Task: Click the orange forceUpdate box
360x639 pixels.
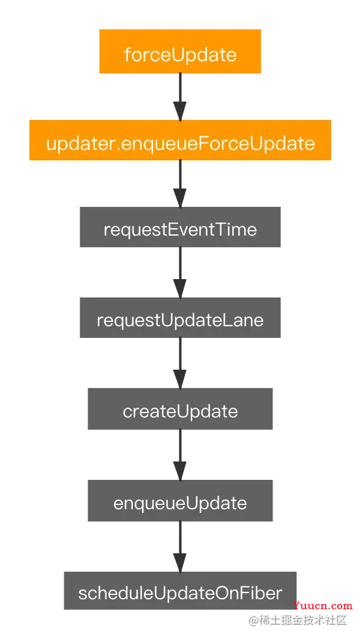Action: click(180, 51)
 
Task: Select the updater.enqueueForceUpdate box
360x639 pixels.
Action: click(180, 140)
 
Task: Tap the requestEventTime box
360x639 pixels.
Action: click(180, 227)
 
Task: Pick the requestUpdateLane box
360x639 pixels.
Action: click(180, 318)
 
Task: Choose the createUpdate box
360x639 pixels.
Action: click(180, 409)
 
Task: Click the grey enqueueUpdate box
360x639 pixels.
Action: click(180, 501)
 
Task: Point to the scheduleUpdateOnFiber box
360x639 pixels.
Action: click(180, 591)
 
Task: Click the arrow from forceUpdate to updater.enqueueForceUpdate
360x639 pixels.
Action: click(180, 97)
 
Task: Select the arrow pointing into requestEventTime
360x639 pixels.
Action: click(180, 184)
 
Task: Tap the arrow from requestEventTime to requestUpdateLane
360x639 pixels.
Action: click(180, 272)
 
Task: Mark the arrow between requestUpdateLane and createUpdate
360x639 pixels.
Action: click(180, 363)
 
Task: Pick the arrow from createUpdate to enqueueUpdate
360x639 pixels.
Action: click(180, 455)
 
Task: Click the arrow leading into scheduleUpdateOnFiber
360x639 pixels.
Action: click(180, 546)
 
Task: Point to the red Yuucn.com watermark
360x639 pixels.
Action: click(322, 606)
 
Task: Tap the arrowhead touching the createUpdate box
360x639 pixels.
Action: click(180, 379)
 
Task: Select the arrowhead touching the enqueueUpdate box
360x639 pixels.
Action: click(180, 471)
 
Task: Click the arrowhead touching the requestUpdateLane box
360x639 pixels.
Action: click(180, 288)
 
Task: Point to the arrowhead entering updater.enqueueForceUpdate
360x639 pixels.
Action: click(180, 111)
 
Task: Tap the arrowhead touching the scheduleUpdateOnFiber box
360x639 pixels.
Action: click(180, 562)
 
